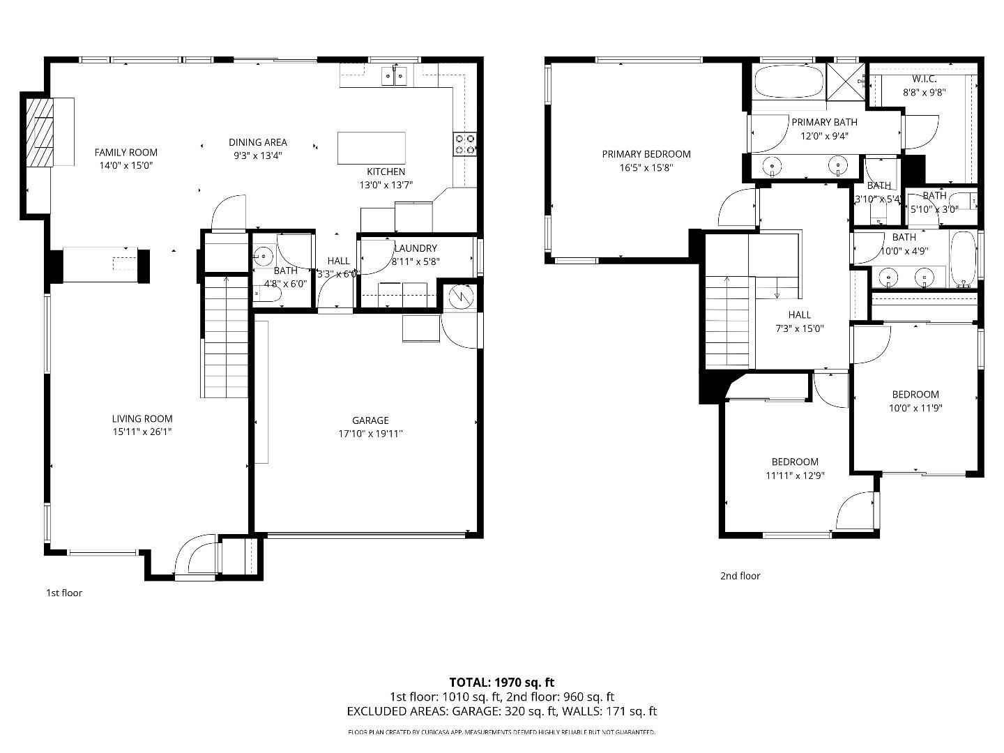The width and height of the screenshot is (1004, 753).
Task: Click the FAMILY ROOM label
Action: pyautogui.click(x=126, y=152)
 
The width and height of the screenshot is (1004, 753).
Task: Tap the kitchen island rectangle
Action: pyautogui.click(x=371, y=148)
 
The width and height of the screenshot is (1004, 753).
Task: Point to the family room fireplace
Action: pyautogui.click(x=40, y=132)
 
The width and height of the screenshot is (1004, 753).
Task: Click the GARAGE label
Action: pyautogui.click(x=370, y=420)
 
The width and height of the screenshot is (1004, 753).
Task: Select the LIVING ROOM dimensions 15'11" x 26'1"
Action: pyautogui.click(x=142, y=432)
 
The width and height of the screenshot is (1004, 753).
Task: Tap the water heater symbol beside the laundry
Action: pyautogui.click(x=459, y=297)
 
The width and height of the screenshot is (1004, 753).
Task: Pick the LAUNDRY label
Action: pyautogui.click(x=416, y=248)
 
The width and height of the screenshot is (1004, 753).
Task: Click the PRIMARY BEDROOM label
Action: pyautogui.click(x=646, y=154)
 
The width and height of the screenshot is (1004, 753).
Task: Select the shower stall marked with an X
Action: pyautogui.click(x=846, y=82)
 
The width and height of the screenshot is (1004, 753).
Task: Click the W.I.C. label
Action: pyautogui.click(x=924, y=79)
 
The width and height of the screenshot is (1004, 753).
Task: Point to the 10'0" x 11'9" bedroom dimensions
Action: pyautogui.click(x=915, y=408)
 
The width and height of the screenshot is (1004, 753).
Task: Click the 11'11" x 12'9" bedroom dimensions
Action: pyautogui.click(x=794, y=476)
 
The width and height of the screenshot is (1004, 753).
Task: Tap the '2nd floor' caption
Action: pyautogui.click(x=740, y=576)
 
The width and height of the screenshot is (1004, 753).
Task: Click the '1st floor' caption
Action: pyautogui.click(x=64, y=593)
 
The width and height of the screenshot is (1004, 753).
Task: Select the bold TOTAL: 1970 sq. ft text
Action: pyautogui.click(x=501, y=683)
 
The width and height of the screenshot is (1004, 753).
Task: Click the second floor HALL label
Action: pyautogui.click(x=799, y=314)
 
